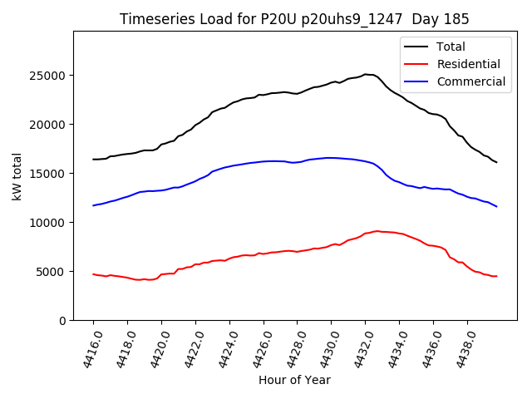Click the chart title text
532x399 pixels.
point(294,19)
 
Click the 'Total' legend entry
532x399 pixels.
point(451,47)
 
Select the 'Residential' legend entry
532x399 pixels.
point(468,64)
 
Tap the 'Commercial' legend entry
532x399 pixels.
point(470,81)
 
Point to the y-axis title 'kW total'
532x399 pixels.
point(17,176)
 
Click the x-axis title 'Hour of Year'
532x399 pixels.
point(294,380)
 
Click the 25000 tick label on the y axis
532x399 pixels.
point(49,76)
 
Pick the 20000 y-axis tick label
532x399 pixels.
point(49,125)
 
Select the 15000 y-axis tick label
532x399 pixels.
point(49,174)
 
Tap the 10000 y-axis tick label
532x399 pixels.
point(49,223)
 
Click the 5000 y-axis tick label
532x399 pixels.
point(52,272)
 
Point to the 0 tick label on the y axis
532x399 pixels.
point(62,321)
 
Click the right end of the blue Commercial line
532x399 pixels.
point(497,206)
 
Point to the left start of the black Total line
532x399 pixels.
point(93,160)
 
